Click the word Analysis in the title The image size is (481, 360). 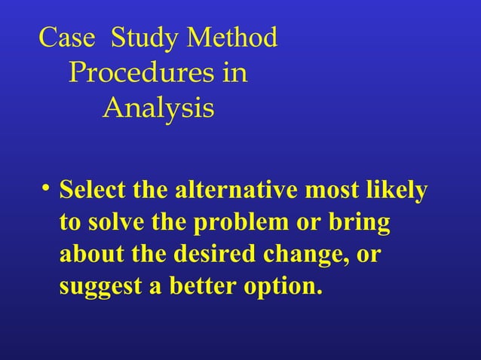click(158, 109)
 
